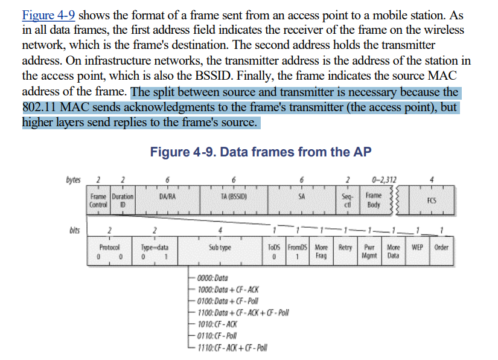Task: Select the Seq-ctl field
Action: tap(346, 201)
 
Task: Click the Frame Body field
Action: tap(374, 201)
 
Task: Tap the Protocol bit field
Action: tap(109, 251)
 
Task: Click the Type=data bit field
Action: tap(154, 251)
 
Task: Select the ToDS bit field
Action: tap(273, 251)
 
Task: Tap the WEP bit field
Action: tap(417, 248)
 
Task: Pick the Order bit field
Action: tap(441, 248)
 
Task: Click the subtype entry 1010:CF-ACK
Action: tap(213, 323)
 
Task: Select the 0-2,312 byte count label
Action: tap(384, 179)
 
